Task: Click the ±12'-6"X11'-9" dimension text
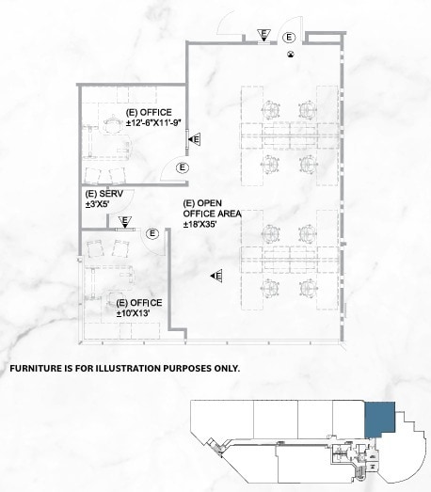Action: [x=152, y=122]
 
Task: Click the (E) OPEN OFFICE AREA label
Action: [x=213, y=209]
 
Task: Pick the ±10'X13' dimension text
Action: [x=138, y=312]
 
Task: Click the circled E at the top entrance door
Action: [x=290, y=37]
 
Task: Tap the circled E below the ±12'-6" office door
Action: [x=183, y=167]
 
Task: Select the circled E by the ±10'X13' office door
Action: [x=152, y=231]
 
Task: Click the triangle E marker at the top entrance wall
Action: [x=265, y=37]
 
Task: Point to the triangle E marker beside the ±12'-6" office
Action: [x=194, y=139]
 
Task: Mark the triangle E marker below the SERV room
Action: [x=125, y=222]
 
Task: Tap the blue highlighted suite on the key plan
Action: [x=377, y=418]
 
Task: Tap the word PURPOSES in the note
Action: [x=190, y=368]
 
